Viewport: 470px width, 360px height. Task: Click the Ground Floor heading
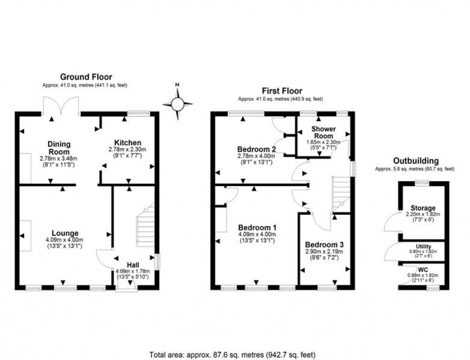point(86,77)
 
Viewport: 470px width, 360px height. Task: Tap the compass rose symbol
point(177,103)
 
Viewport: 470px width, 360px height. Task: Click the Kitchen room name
point(128,142)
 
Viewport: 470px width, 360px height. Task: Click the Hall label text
point(133,265)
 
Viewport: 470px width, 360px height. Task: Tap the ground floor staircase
point(145,225)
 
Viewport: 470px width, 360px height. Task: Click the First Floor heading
point(282,91)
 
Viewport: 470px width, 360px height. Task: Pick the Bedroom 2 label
point(256,148)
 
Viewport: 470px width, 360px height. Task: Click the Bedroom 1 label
point(256,227)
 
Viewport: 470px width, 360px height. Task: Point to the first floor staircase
point(341,192)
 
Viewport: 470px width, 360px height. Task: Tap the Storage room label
point(423,208)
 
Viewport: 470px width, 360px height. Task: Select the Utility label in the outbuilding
point(423,246)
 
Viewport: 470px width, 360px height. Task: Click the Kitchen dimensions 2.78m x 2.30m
point(128,150)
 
